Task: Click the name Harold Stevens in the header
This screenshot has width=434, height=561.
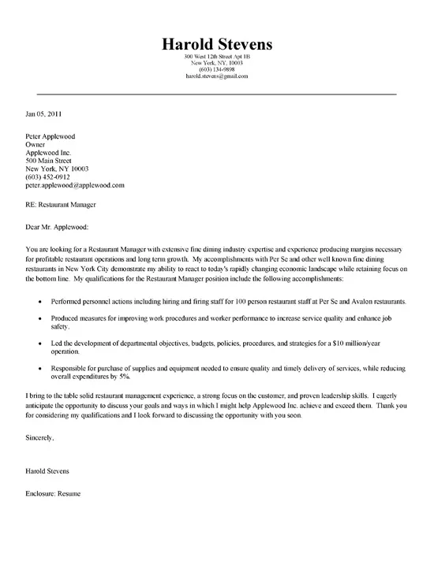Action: [216, 43]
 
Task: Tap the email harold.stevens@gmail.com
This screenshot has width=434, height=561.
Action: [216, 76]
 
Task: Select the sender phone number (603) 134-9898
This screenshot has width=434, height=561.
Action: [216, 70]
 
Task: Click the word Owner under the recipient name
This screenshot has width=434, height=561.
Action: [36, 146]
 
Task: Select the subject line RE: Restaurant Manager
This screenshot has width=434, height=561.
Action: [61, 206]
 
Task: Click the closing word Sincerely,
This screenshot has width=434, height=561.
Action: [40, 436]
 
